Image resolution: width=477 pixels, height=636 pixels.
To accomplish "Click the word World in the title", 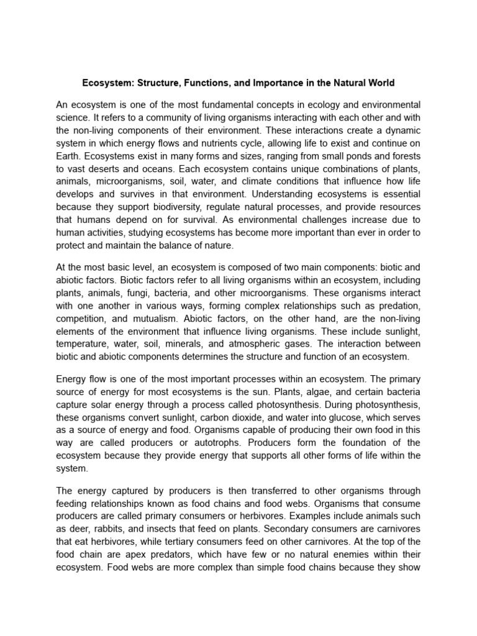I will (379, 83).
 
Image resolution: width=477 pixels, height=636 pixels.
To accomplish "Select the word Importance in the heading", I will (263, 83).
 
